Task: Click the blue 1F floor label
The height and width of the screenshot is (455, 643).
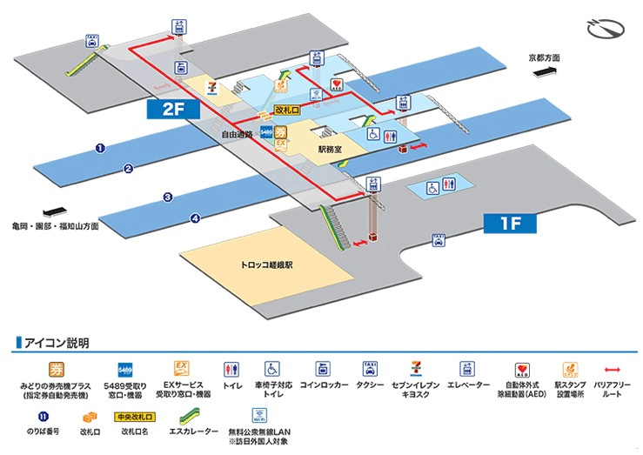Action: (510, 224)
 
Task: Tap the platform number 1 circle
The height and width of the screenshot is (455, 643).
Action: (100, 149)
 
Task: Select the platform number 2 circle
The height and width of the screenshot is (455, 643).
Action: (128, 169)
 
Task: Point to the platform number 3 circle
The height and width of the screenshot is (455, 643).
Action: (168, 198)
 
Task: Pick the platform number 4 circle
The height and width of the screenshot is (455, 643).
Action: (196, 218)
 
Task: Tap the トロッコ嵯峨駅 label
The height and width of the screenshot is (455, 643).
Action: (266, 264)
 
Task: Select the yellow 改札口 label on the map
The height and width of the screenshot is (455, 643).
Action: (286, 110)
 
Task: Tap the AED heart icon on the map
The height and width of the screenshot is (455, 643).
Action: (337, 84)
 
